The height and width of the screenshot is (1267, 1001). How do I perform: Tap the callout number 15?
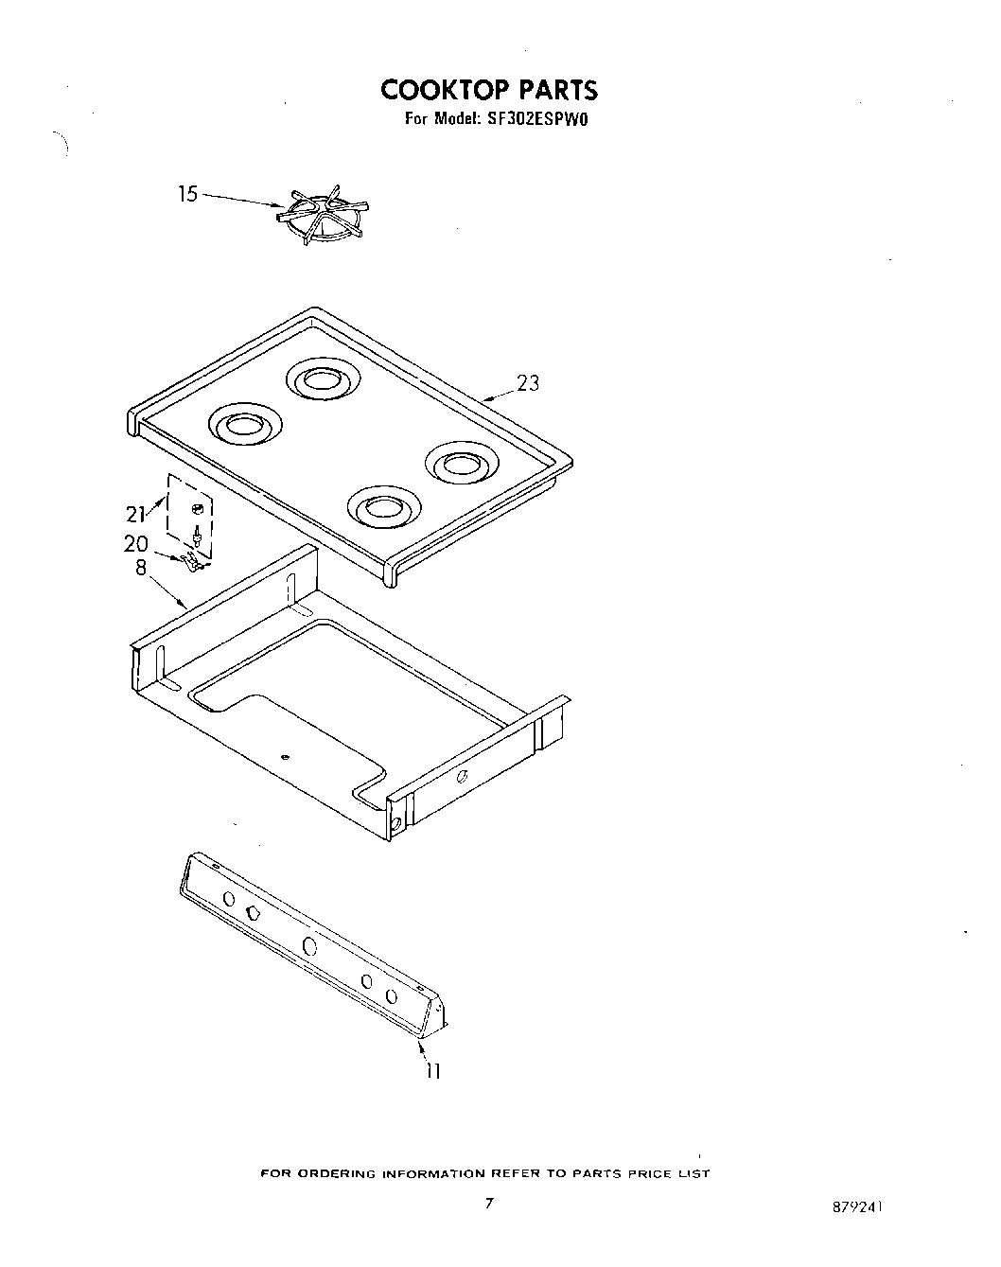[x=188, y=194]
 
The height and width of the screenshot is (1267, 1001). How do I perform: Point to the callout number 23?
[x=528, y=383]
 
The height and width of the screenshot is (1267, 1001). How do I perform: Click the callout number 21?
[x=136, y=514]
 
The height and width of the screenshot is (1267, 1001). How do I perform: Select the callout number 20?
[x=136, y=544]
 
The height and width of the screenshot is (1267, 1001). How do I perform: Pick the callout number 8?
[x=141, y=570]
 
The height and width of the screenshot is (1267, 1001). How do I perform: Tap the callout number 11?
[x=432, y=1070]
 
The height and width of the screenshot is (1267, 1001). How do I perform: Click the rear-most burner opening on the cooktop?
[x=324, y=380]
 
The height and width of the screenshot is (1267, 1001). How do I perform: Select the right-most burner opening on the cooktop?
[x=461, y=465]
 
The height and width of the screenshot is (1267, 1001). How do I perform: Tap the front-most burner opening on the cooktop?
[x=384, y=508]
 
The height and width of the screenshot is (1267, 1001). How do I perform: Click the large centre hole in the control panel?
[x=309, y=945]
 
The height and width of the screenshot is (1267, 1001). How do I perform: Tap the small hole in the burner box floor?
[x=287, y=757]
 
